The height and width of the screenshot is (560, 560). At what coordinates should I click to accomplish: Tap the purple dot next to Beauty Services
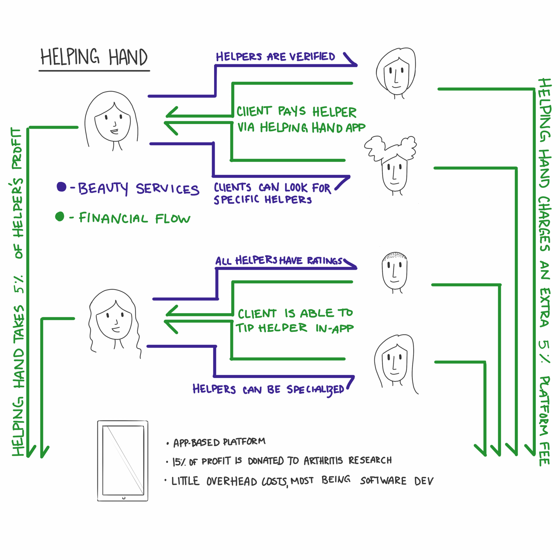pos(62,187)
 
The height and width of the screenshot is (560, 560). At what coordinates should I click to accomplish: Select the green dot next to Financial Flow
pos(60,216)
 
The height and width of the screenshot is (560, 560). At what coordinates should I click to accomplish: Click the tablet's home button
pos(124,498)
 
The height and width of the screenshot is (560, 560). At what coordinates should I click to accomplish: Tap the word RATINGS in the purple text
pos(324,260)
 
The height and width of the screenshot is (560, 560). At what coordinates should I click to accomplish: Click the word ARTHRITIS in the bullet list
pos(323,461)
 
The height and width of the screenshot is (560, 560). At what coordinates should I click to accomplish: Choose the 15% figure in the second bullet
pos(179,462)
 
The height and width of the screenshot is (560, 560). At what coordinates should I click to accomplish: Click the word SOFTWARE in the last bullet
pos(383,481)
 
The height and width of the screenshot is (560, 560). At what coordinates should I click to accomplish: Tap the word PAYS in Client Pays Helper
pos(292,111)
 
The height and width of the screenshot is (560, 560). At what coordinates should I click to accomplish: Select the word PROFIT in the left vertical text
pos(17,149)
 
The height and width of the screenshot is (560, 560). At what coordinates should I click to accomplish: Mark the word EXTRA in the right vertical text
pos(544,308)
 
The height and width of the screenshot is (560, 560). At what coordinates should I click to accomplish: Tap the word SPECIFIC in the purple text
pos(236,200)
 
